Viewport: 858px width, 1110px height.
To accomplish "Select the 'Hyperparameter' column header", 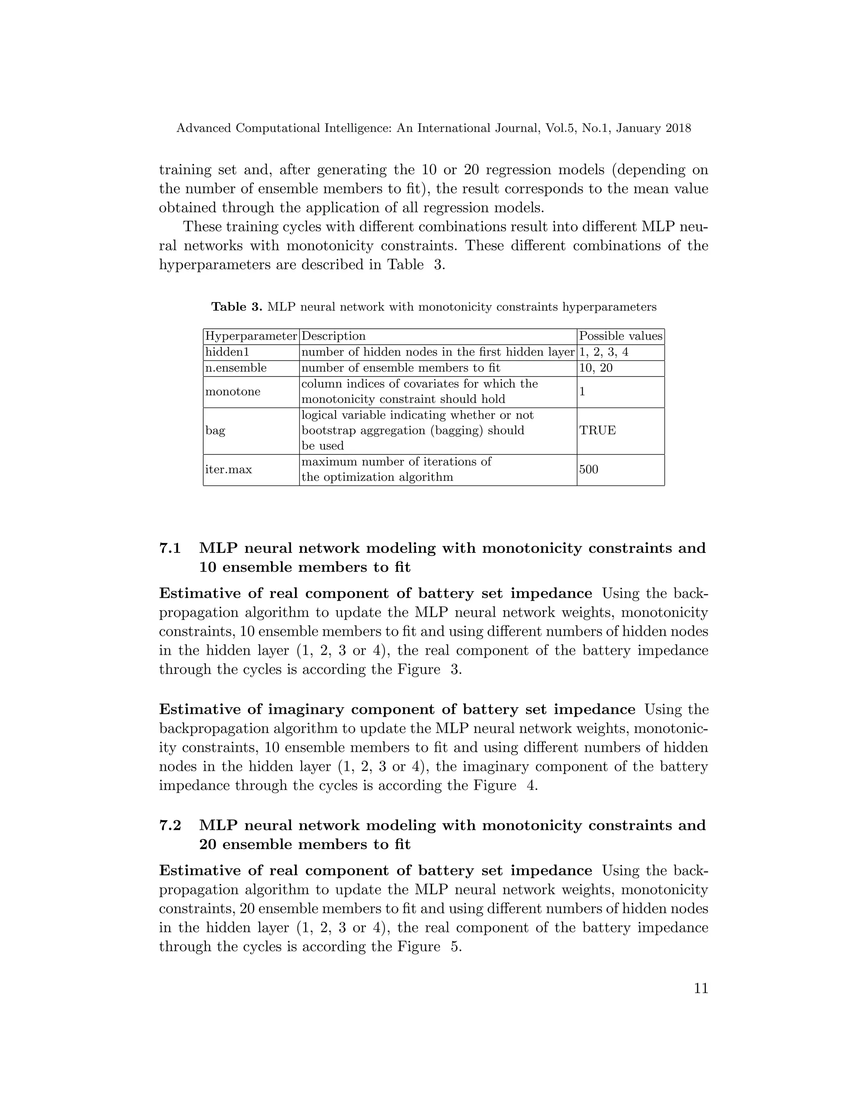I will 251,336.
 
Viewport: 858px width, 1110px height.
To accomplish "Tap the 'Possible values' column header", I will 620,336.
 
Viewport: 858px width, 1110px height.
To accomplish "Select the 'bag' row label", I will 215,431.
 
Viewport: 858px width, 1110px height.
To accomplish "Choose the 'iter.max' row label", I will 228,469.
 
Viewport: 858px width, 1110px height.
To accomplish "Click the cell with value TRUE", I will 597,431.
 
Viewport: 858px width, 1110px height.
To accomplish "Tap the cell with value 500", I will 589,469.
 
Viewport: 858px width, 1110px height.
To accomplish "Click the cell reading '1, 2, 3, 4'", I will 604,352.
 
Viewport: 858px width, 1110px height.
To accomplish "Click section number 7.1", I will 170,548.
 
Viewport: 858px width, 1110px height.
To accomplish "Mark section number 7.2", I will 170,826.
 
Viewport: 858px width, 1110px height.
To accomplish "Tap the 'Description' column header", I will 333,336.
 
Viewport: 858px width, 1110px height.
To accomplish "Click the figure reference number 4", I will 532,786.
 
